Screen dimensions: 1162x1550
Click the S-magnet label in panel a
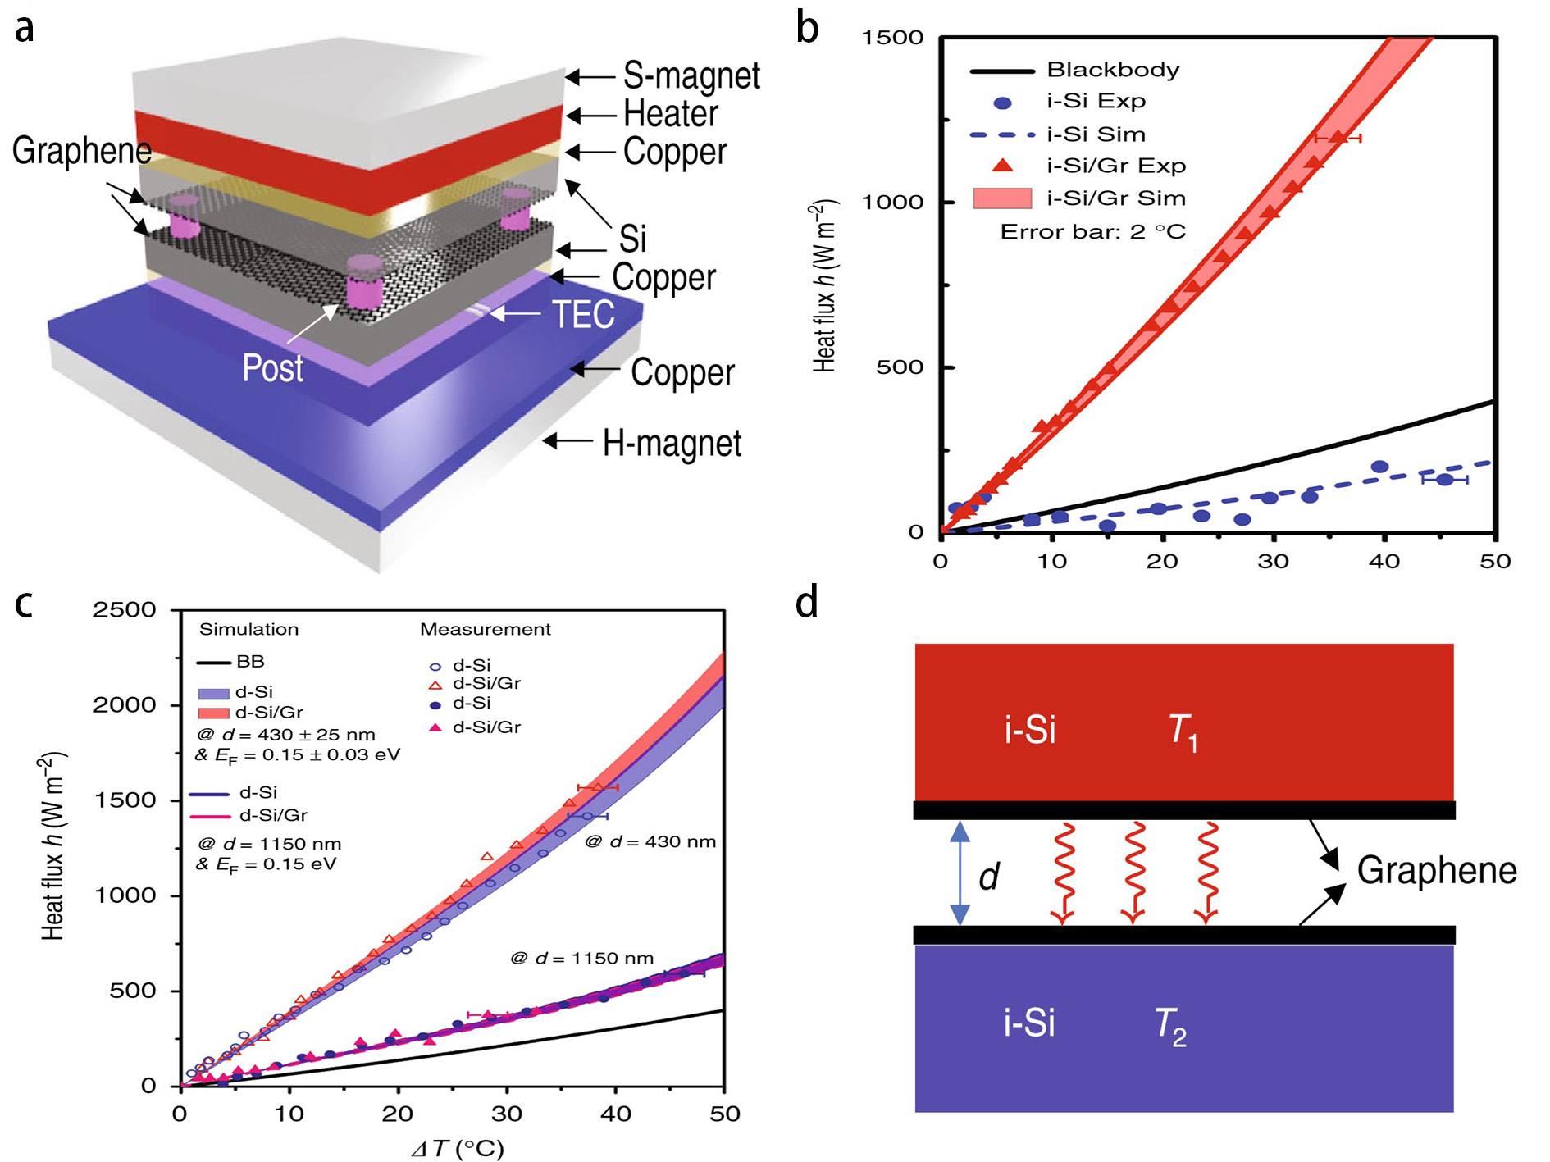click(691, 76)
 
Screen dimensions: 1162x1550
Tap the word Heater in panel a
click(671, 114)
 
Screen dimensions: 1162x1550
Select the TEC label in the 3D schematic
click(583, 315)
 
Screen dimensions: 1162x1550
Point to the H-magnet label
click(672, 444)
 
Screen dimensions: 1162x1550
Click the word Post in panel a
click(272, 368)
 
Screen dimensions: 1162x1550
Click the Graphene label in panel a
click(81, 151)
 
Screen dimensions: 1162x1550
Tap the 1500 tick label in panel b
click(892, 38)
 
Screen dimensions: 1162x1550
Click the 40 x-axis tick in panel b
click(1384, 562)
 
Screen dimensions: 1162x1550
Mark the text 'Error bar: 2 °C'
click(1092, 232)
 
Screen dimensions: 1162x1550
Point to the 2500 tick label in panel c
click(125, 610)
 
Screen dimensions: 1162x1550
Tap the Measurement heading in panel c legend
click(486, 630)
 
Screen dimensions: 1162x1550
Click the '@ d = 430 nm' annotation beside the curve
click(650, 842)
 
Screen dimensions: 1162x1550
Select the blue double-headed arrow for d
click(960, 873)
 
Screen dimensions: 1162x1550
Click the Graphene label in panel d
click(1437, 871)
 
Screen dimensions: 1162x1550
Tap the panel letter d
click(807, 603)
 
